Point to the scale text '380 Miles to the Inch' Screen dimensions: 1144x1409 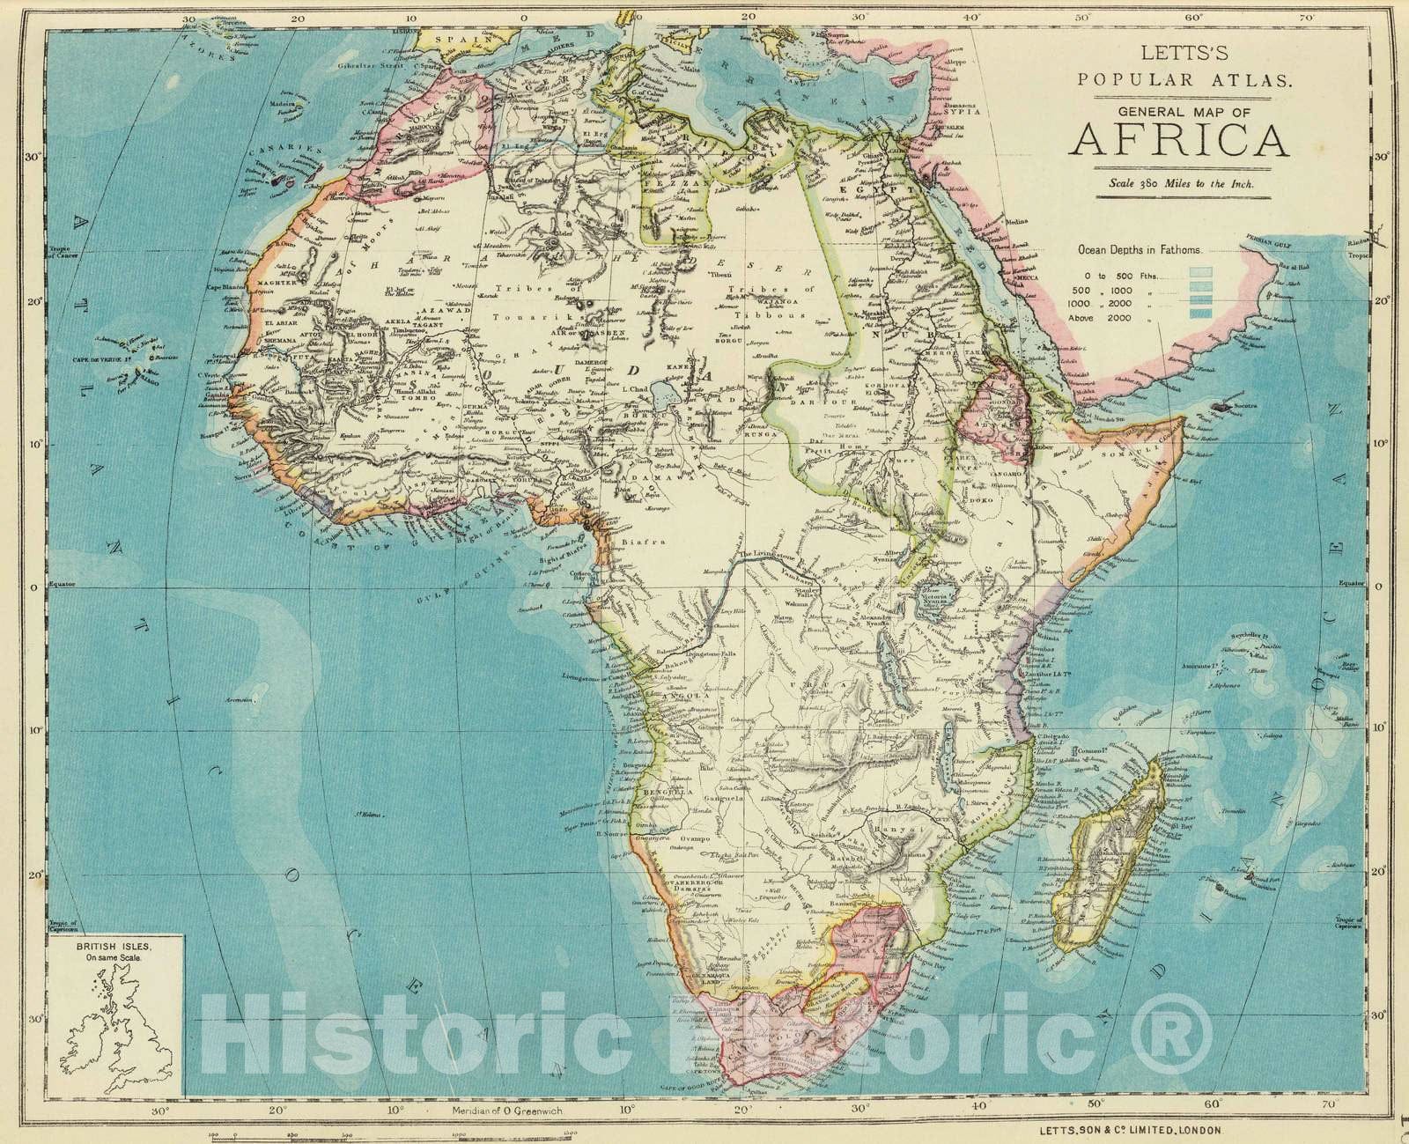pos(1189,184)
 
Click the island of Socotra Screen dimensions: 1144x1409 pos(1226,406)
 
